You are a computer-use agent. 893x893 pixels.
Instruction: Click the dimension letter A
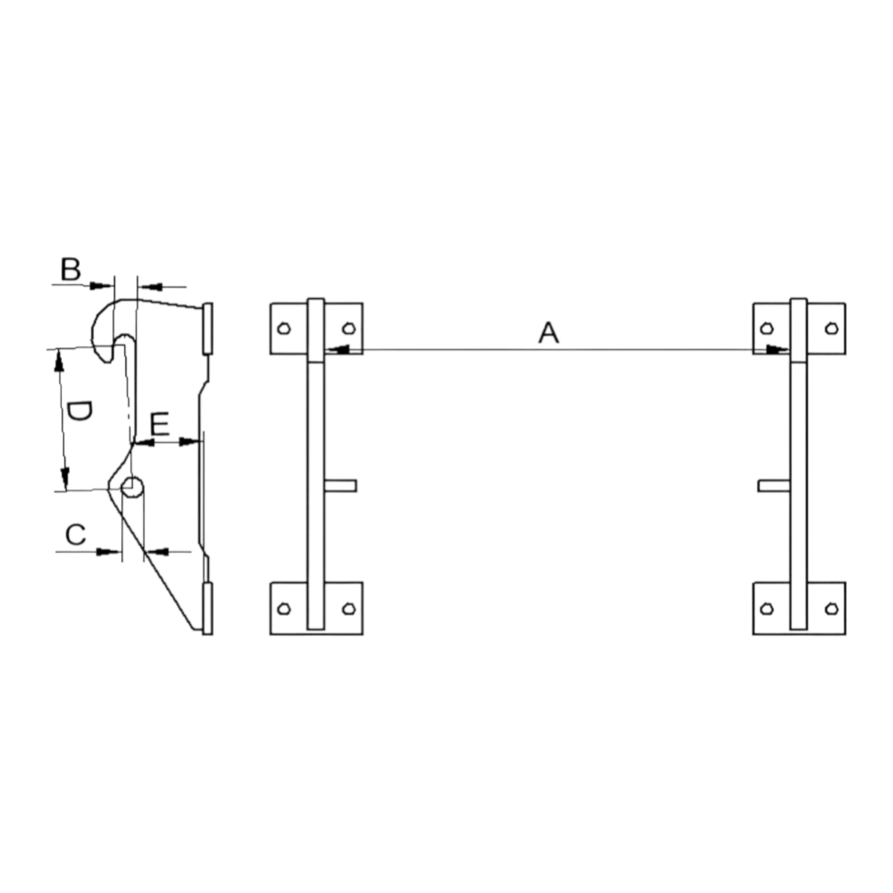[x=548, y=332]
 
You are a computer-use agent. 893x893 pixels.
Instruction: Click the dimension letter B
[x=71, y=270]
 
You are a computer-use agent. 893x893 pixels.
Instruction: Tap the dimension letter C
[x=76, y=535]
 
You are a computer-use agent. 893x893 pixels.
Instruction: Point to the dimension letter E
[x=160, y=424]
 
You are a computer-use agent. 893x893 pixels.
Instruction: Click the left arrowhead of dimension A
[x=337, y=349]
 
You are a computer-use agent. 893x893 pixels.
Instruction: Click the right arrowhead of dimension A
[x=778, y=349]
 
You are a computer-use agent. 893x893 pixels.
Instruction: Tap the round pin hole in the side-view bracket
[x=133, y=487]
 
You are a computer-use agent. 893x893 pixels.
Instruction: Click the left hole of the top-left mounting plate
[x=284, y=329]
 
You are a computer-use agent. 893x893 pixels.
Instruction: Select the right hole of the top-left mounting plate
[x=348, y=329]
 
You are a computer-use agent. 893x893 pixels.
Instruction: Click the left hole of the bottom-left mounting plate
[x=284, y=609]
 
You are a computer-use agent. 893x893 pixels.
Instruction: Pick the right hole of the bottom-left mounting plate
[x=348, y=609]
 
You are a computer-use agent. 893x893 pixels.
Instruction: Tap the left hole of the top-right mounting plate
[x=766, y=329]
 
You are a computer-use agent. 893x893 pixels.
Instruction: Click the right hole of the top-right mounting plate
[x=831, y=329]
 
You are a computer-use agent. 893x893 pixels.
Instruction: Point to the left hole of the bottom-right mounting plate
[x=766, y=609]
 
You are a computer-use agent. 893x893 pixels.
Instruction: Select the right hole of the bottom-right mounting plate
[x=831, y=609]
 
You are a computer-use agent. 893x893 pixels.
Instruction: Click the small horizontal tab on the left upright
[x=340, y=486]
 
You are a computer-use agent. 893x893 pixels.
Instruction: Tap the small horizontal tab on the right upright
[x=774, y=486]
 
